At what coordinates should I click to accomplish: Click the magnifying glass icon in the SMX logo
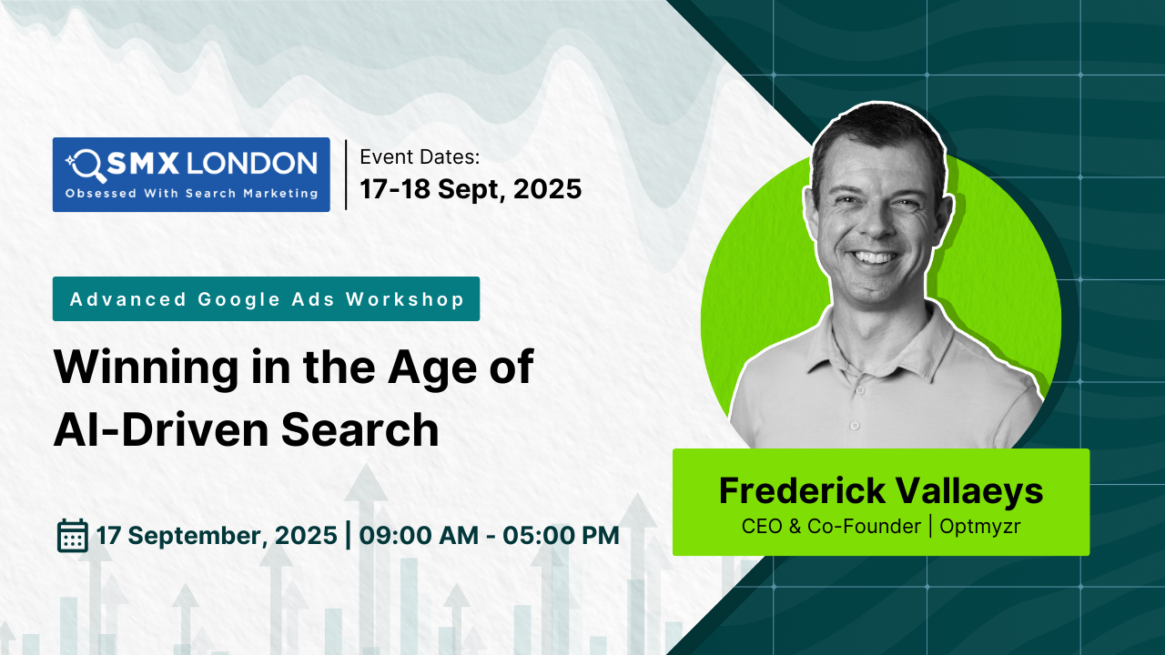(86, 166)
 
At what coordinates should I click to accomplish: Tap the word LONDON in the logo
(252, 163)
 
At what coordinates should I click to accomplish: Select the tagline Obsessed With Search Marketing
(191, 194)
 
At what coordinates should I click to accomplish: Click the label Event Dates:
(420, 157)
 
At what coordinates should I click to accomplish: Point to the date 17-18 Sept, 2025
(471, 188)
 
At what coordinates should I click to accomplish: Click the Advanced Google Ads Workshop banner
(267, 299)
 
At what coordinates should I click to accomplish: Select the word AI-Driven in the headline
(161, 430)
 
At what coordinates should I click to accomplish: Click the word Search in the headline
(360, 430)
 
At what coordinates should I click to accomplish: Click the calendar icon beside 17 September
(72, 535)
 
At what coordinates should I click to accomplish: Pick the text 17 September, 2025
(217, 536)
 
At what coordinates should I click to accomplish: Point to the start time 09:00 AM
(419, 536)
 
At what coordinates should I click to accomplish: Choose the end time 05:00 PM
(561, 536)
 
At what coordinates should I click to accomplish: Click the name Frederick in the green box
(803, 490)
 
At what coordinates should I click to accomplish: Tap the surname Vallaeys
(969, 491)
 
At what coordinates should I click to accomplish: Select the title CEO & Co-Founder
(831, 526)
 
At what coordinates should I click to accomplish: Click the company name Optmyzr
(980, 527)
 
